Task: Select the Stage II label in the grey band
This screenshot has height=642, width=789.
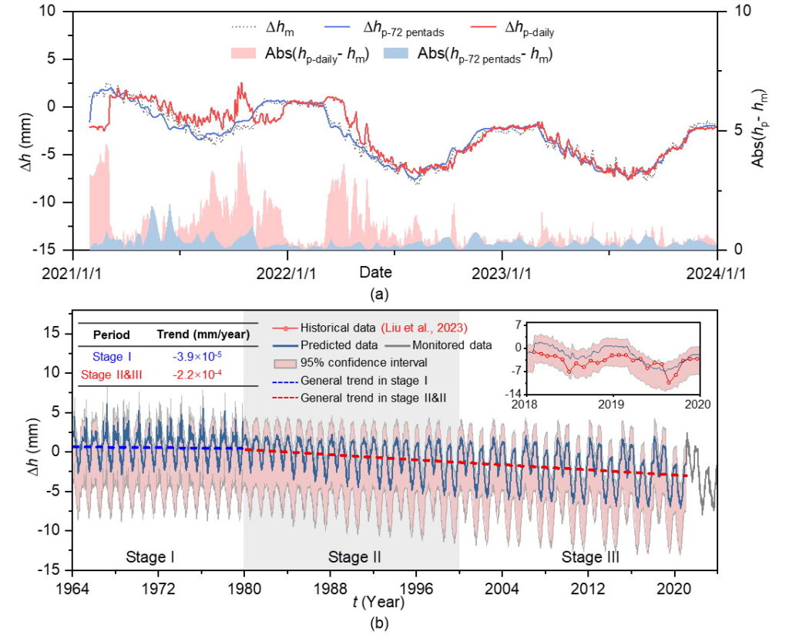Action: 355,556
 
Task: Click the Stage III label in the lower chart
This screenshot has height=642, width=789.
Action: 589,556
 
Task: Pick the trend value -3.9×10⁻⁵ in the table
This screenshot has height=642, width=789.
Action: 186,357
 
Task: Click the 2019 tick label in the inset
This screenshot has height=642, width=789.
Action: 612,403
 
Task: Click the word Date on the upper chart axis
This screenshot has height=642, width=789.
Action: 375,272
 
